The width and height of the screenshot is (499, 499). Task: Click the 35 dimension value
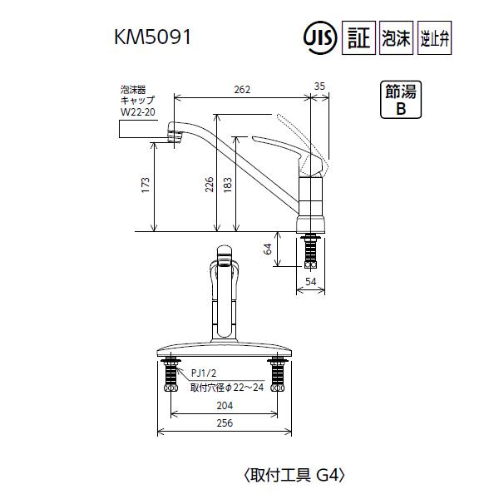coord(320,86)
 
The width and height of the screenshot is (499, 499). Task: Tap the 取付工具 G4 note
coord(293,476)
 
